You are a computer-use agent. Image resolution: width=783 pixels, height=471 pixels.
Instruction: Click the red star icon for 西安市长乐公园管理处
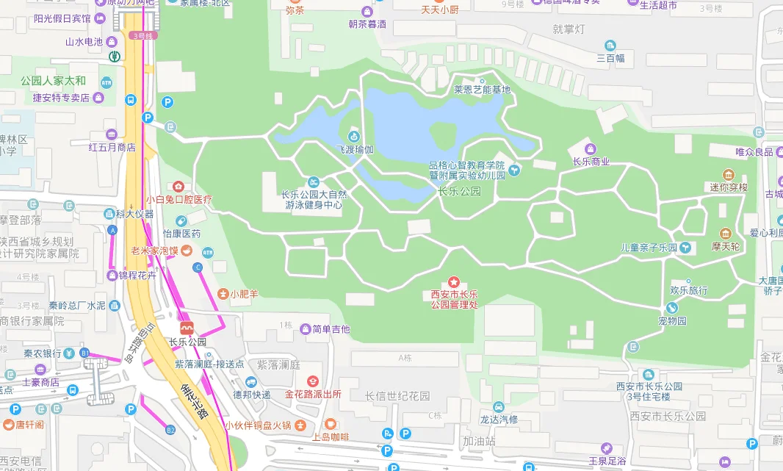tap(454, 282)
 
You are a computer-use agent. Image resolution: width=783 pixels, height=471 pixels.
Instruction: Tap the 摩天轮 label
tap(725, 247)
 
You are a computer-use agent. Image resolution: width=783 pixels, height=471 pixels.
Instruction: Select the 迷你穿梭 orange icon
tap(728, 174)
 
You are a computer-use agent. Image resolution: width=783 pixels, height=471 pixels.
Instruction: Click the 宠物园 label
tap(671, 321)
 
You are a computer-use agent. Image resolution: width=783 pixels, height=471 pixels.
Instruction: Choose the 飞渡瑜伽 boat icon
tap(353, 137)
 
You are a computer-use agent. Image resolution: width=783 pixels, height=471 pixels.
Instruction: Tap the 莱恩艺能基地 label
tap(481, 90)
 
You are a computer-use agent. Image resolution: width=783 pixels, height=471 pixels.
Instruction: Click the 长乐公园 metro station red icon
tap(187, 327)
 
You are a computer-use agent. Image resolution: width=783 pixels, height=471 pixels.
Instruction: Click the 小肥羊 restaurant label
tap(244, 294)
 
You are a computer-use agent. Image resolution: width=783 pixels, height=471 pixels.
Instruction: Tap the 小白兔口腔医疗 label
tap(178, 199)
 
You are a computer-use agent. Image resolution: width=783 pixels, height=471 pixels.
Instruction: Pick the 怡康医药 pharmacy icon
tap(181, 220)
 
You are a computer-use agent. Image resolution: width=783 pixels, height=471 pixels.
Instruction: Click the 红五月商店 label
tap(112, 147)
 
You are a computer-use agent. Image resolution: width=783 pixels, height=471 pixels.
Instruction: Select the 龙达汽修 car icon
tap(499, 406)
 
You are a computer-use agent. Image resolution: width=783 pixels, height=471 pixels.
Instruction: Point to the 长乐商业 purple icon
tap(591, 149)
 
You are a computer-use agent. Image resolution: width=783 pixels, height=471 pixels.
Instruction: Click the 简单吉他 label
tap(331, 329)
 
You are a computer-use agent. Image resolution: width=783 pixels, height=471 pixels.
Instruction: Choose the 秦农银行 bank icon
tap(68, 353)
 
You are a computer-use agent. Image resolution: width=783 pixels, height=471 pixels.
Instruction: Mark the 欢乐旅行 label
tap(688, 290)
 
